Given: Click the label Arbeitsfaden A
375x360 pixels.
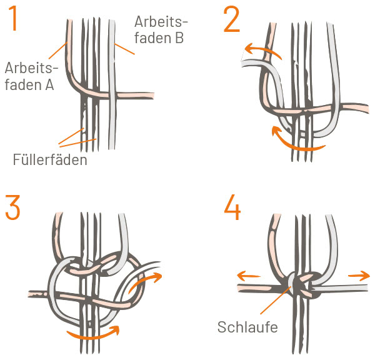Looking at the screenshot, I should coord(29,75).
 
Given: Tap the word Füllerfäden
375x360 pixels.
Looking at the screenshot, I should coord(49,160).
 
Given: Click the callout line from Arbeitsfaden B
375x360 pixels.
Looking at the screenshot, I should coord(126,47).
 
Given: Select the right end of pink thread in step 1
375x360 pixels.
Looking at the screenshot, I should coord(151,93).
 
